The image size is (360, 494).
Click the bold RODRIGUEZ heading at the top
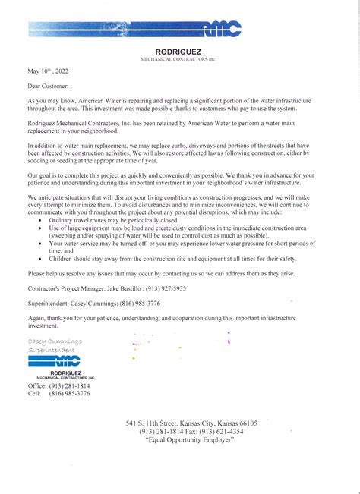pos(179,52)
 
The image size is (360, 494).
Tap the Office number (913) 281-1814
pos(70,386)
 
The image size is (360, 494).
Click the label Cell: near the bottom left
pos(34,394)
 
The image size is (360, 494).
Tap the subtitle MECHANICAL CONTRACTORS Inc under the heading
pos(179,58)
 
